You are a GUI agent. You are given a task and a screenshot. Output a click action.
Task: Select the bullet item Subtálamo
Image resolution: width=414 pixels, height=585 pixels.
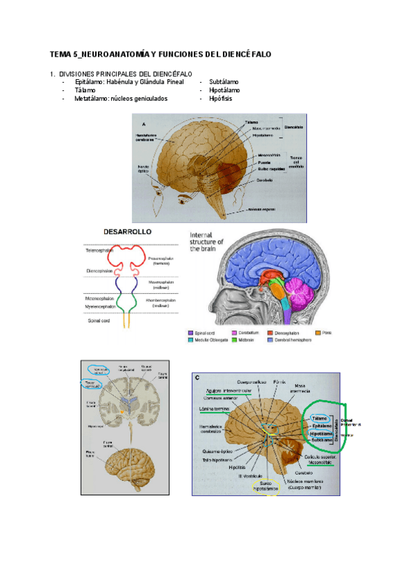224,81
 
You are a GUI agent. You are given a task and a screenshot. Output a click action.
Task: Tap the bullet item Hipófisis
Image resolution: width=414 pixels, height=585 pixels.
221,99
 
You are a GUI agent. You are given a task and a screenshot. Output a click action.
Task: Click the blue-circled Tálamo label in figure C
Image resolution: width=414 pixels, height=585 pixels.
319,418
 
